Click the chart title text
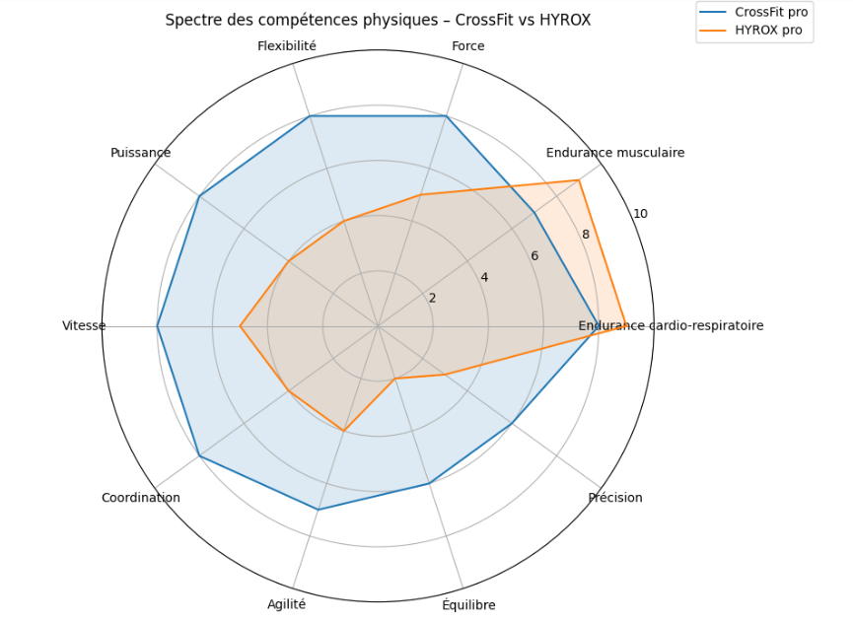378,20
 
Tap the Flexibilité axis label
287,46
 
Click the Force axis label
468,46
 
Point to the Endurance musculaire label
615,153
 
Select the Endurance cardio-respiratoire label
671,325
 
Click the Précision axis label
615,498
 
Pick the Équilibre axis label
468,605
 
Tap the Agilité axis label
287,605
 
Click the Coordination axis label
141,498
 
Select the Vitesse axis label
84,325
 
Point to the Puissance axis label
141,153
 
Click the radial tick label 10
641,214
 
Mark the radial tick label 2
432,299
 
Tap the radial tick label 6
534,256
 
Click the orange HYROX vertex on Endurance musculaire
579,180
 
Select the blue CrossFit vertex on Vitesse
158,326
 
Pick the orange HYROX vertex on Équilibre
394,379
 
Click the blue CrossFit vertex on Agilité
318,510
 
